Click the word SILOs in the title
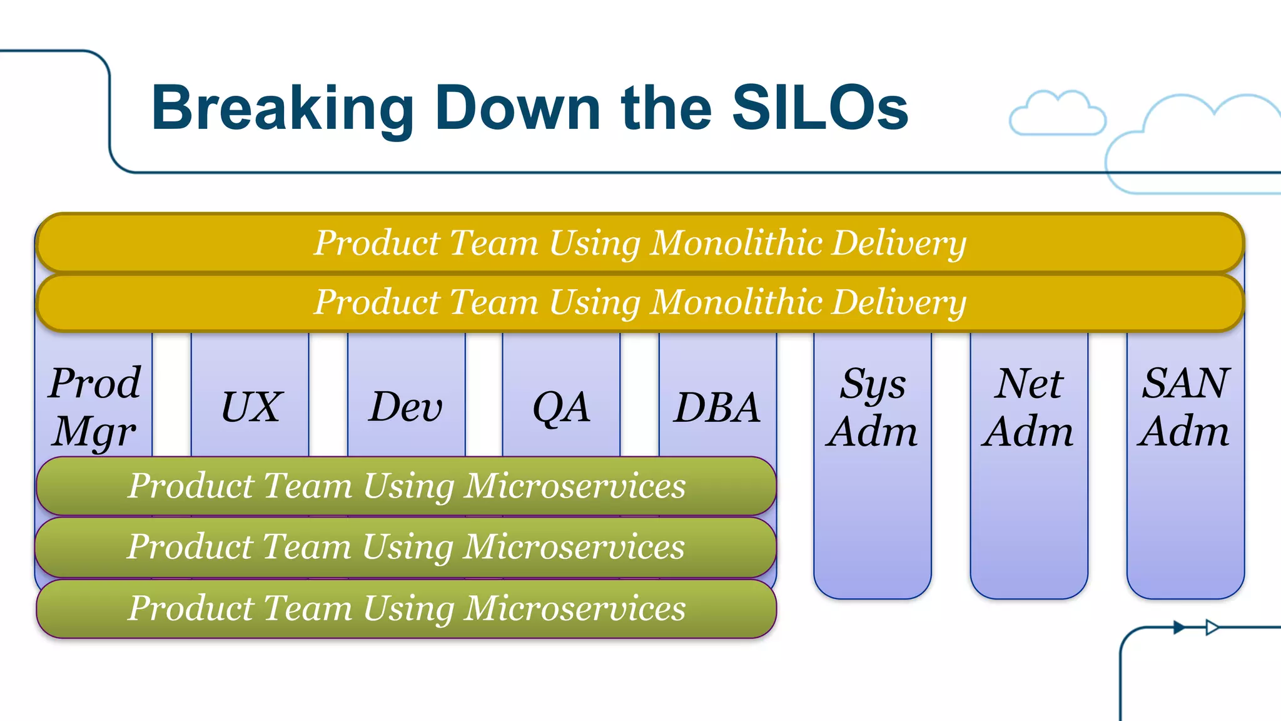[819, 108]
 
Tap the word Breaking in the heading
[282, 108]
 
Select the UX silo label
[251, 407]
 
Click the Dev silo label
[406, 407]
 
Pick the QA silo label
[561, 407]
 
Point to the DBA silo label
[717, 407]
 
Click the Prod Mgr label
[94, 407]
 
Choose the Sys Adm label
[872, 407]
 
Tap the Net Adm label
[1028, 407]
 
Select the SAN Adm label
[1185, 407]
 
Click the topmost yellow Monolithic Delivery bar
[639, 243]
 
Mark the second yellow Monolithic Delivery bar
[639, 302]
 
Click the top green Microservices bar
[407, 486]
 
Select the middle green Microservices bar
[407, 546]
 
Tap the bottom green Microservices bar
[407, 608]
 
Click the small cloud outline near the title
[1057, 115]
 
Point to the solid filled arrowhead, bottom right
[1178, 627]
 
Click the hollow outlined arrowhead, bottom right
[1212, 627]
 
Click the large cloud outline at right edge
[1188, 147]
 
